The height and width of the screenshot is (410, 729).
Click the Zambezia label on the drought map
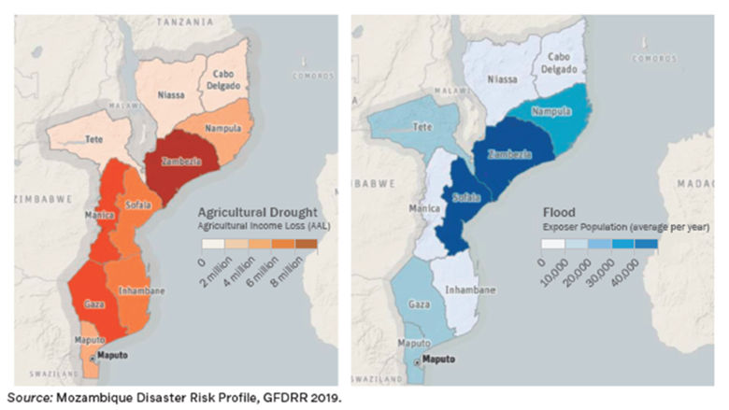(181, 160)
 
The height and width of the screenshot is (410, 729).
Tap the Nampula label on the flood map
(551, 111)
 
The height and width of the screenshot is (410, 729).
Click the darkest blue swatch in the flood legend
(646, 245)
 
